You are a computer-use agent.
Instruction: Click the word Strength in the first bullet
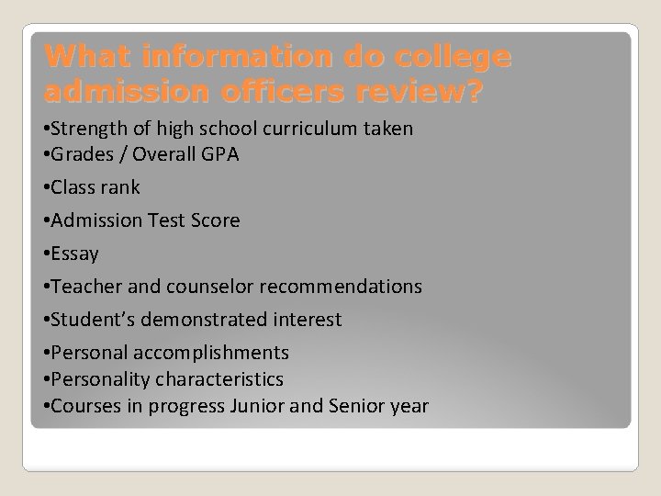(x=87, y=130)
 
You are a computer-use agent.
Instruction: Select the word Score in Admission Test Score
(x=216, y=220)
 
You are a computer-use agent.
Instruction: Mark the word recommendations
(x=341, y=287)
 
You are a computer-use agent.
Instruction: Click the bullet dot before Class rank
(x=46, y=188)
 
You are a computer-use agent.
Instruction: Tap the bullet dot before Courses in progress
(x=46, y=406)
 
